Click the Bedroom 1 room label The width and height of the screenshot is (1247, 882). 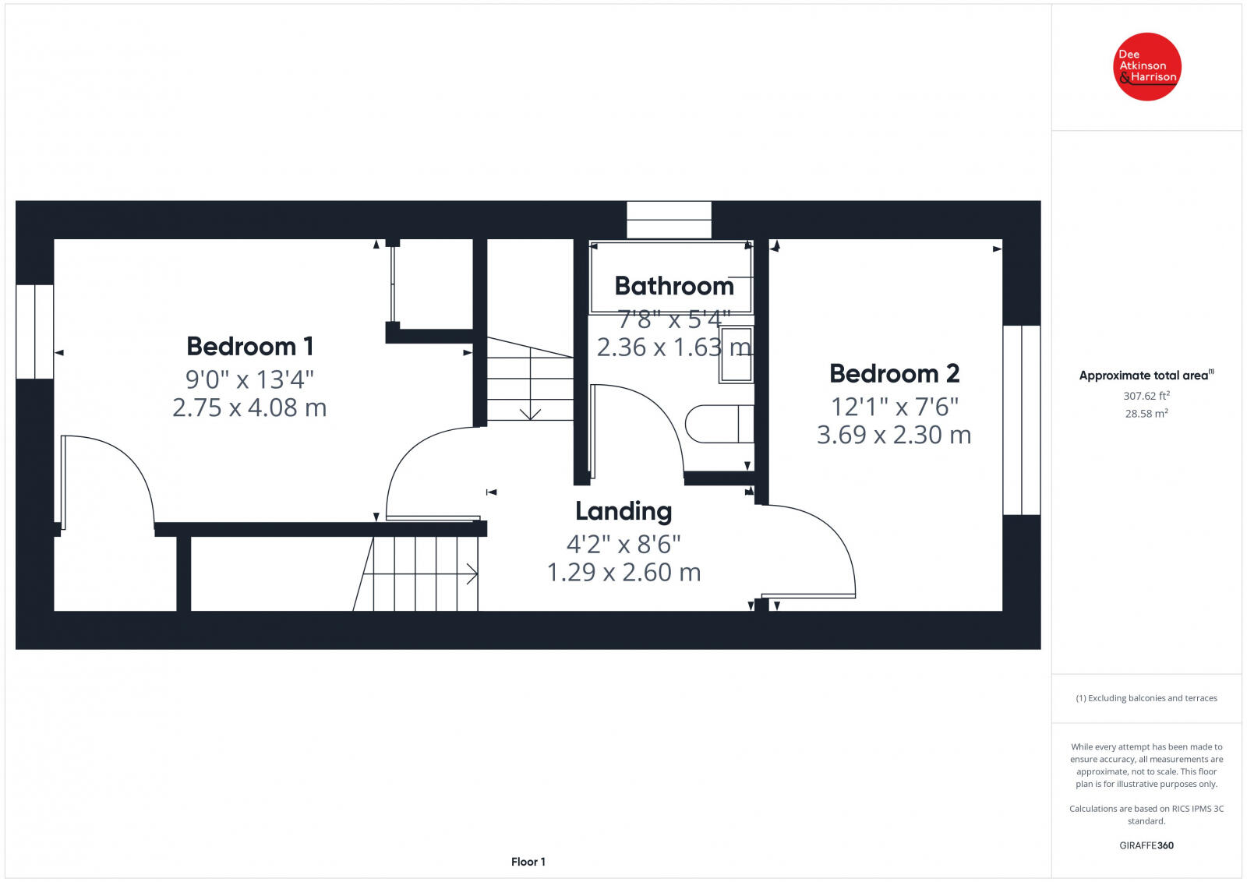249,346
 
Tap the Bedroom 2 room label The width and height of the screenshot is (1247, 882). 894,374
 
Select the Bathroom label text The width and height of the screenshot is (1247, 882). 674,286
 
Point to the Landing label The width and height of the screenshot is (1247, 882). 623,511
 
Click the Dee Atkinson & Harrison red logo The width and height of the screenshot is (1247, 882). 1146,67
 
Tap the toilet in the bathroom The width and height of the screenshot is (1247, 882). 717,424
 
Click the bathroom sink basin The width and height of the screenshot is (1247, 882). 736,355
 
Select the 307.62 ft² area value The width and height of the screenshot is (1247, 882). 1146,396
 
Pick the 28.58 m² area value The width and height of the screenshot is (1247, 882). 1146,414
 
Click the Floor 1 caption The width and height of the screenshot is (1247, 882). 528,862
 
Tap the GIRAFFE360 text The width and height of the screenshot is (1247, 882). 1146,845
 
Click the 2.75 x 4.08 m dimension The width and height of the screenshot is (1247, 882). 249,407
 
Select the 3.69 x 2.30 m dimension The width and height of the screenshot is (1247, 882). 894,435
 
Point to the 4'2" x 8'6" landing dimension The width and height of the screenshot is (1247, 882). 623,543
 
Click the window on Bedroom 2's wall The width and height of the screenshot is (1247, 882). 1021,420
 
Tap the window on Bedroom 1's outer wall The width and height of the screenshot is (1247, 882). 35,332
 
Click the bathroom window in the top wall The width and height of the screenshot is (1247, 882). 669,220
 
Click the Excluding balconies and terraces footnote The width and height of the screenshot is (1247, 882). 1146,698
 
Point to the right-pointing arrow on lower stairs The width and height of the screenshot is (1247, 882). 471,575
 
